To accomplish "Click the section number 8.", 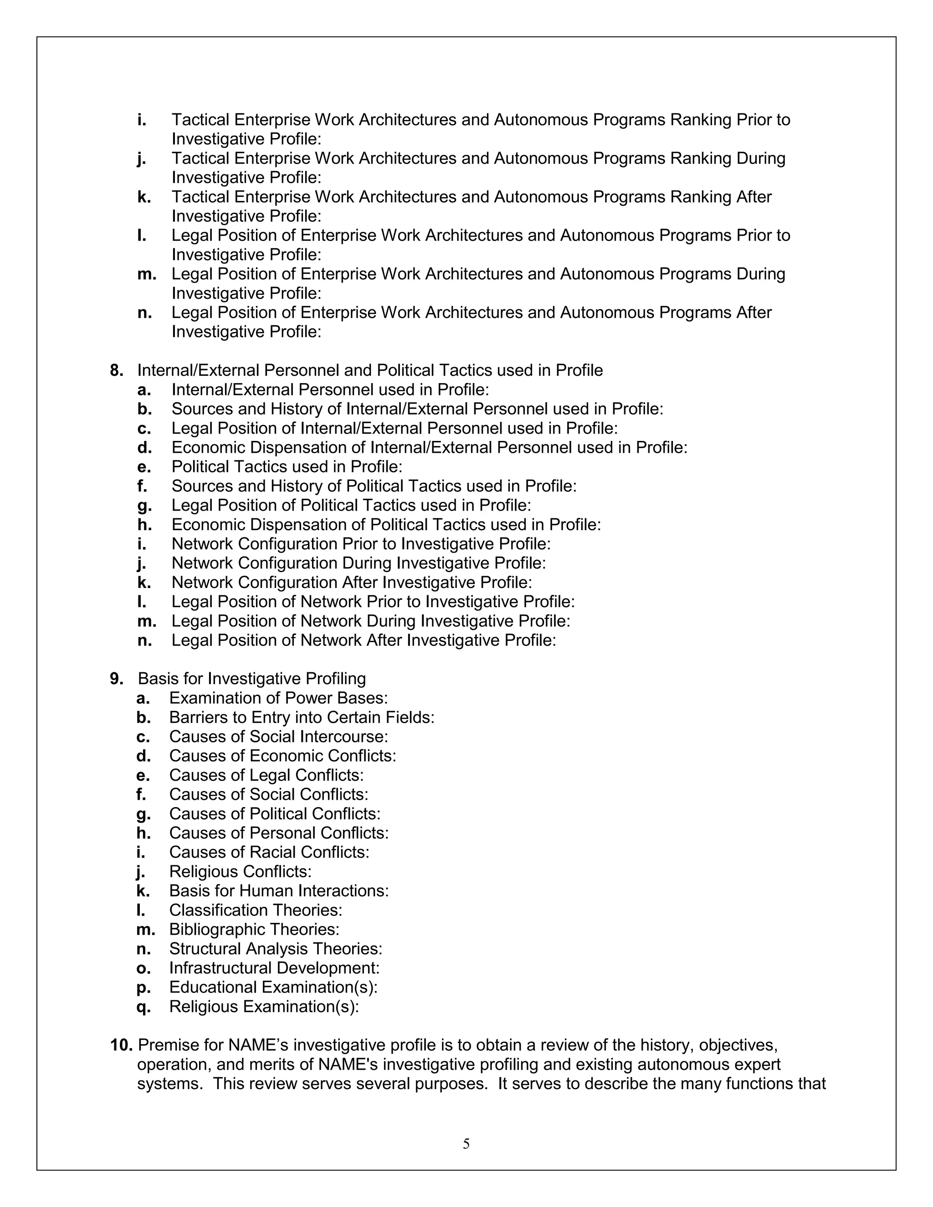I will (x=116, y=370).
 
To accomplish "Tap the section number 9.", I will (x=116, y=679).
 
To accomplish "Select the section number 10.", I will (x=121, y=1045).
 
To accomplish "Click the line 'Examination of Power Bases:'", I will (x=278, y=698).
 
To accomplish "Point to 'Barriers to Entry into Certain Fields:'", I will (x=302, y=717).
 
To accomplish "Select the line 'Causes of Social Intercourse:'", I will (x=278, y=736).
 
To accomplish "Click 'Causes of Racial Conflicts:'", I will (x=269, y=852).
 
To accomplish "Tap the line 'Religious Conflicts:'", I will (x=241, y=871).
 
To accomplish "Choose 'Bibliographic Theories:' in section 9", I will (x=254, y=929).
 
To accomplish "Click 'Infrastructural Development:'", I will (x=274, y=968).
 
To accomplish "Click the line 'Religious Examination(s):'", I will (x=264, y=1007).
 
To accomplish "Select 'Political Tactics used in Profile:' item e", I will (x=287, y=467).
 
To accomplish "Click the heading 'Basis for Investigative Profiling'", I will (x=251, y=679).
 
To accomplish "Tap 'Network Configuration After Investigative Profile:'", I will (x=352, y=583).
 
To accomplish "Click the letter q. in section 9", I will (x=143, y=1007).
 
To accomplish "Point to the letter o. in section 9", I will (x=143, y=968).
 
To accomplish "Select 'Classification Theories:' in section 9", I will (x=256, y=910).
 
